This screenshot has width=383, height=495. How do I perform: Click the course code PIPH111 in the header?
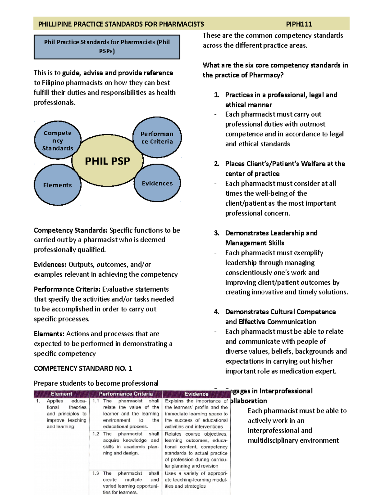(x=299, y=24)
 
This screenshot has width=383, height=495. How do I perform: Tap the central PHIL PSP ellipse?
(x=107, y=161)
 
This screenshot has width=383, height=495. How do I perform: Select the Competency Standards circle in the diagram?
(x=57, y=141)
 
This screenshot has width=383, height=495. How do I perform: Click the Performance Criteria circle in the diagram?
(x=157, y=138)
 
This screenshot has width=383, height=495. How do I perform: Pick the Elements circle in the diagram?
(x=57, y=185)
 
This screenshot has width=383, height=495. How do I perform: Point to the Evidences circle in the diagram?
(x=157, y=183)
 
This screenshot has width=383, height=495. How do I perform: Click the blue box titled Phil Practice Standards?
(x=107, y=47)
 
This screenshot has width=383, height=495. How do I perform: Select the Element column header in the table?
(x=61, y=394)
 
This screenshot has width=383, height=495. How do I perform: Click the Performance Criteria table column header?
(x=126, y=394)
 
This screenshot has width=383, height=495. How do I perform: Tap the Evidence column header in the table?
(x=196, y=394)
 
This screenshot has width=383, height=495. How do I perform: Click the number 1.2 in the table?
(x=95, y=434)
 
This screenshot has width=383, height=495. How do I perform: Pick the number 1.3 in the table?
(x=95, y=473)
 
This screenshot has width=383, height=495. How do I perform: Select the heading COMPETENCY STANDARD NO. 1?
(x=83, y=368)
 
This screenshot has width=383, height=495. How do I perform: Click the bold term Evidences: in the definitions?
(x=50, y=265)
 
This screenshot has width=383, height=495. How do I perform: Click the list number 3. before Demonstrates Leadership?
(x=217, y=233)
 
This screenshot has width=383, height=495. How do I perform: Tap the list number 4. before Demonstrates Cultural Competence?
(x=217, y=312)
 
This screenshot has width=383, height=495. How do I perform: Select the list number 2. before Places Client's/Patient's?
(x=217, y=164)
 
